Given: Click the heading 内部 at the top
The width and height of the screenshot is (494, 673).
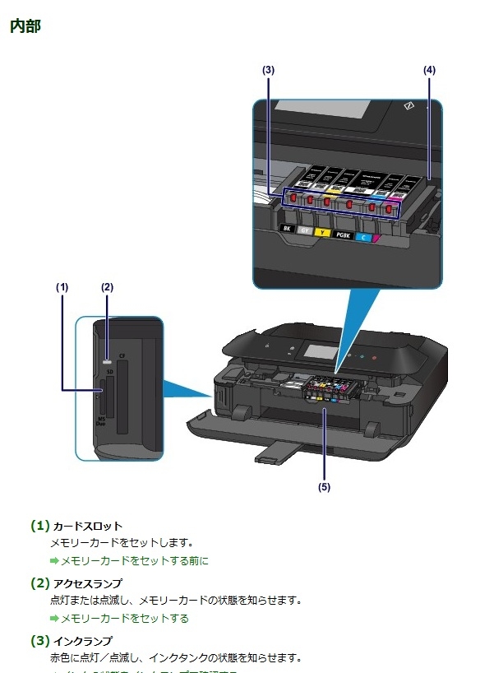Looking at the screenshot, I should coord(25,26).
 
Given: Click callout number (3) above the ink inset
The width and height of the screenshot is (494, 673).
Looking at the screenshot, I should coord(268,71).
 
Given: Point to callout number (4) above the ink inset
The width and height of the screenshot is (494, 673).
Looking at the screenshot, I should coord(429,71).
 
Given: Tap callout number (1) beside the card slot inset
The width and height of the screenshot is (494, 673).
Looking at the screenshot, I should coord(62,287).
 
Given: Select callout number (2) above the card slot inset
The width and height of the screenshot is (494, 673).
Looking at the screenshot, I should coord(107,287).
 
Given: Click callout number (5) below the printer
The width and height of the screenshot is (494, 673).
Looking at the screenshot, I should coord(324,487).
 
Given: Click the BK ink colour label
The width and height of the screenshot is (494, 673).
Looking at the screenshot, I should coord(286,229).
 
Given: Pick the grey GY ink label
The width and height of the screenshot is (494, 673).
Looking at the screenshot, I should coord(304,231).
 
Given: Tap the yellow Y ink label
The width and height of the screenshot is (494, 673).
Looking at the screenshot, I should coord(323,233).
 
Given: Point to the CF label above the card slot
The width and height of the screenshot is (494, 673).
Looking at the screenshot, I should coord(122,356).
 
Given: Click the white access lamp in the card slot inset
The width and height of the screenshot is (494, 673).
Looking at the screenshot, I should coord(107,360).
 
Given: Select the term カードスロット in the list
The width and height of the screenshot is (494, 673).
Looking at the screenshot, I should coord(87,526).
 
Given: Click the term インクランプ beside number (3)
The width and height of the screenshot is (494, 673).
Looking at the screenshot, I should coord(82,640).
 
